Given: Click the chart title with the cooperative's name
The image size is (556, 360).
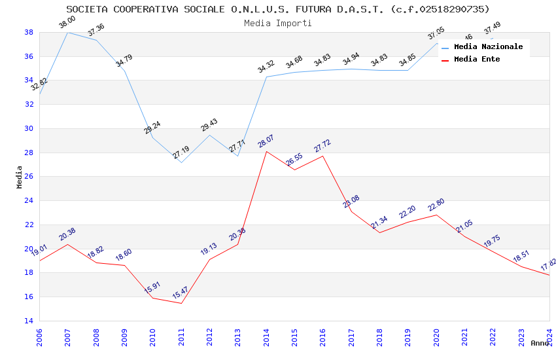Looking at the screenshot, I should click(x=278, y=9).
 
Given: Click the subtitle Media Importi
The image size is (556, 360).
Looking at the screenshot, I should click(x=278, y=23).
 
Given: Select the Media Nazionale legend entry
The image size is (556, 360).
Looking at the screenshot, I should click(x=488, y=47).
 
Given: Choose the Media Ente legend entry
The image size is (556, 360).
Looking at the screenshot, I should click(x=477, y=60).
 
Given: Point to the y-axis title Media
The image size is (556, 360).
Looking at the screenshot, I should click(x=20, y=177).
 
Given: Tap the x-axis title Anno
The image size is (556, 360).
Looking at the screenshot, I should click(x=540, y=343).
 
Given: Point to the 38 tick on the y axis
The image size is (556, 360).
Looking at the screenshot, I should click(x=29, y=32).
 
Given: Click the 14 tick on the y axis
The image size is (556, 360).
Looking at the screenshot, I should click(x=29, y=321).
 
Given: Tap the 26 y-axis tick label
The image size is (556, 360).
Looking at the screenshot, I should click(x=29, y=177).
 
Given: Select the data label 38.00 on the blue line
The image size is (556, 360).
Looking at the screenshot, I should click(x=67, y=22).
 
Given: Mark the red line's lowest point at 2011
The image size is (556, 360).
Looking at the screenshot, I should click(x=181, y=303).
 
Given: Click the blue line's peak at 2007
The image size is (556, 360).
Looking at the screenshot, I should click(x=67, y=32).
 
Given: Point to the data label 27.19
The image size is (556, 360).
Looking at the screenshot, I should click(x=181, y=153).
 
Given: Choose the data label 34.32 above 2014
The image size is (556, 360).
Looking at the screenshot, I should click(x=266, y=66).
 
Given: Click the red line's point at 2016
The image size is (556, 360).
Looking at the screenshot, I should click(x=323, y=156).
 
